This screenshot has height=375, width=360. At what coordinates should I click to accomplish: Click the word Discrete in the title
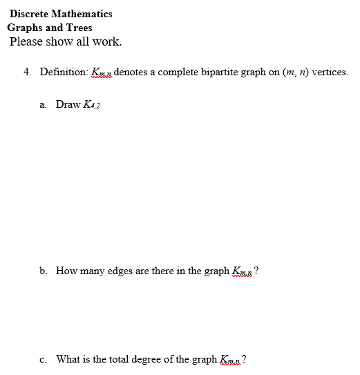click(28, 14)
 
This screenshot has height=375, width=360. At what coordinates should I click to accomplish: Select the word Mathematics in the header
click(82, 14)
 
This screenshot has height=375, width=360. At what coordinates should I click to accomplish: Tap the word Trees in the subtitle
click(79, 28)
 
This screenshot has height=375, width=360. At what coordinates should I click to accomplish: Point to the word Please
click(27, 41)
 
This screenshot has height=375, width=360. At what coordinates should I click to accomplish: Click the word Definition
click(64, 72)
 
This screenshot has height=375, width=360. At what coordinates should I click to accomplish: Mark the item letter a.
click(44, 104)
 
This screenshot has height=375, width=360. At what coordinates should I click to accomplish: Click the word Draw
click(68, 104)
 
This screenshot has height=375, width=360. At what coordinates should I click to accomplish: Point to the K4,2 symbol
click(93, 104)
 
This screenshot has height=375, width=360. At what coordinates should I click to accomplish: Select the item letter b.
click(44, 271)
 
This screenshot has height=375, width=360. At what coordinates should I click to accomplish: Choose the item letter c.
click(44, 359)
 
